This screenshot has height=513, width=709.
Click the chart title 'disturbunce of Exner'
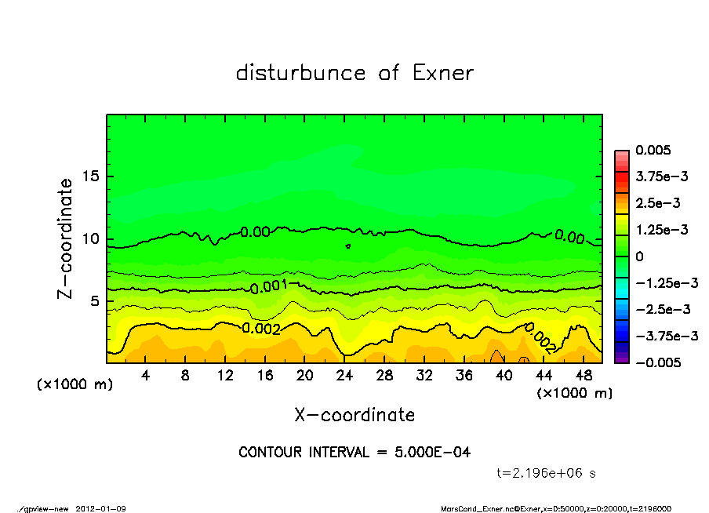pos(354,73)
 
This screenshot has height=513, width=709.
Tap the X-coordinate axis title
pos(354,414)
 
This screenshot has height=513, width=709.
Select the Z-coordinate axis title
pos(66,238)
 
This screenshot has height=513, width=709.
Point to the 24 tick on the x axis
pos(345,376)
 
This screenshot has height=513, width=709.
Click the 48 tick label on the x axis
pos(584,376)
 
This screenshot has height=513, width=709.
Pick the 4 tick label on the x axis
pos(146,376)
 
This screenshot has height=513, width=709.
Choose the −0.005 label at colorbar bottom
pos(656,362)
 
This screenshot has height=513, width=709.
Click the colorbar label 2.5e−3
pos(657,203)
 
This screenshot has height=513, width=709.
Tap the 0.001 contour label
pos(269,286)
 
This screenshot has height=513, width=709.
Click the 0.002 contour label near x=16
pos(261,329)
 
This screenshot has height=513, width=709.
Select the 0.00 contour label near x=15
pos(255,232)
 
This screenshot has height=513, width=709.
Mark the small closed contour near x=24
pos(347,246)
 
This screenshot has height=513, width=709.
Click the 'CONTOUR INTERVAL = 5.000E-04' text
pos(354,453)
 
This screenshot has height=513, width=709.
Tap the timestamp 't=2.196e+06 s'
pos(547,473)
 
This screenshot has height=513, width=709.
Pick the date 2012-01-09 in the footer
pos(101,508)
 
